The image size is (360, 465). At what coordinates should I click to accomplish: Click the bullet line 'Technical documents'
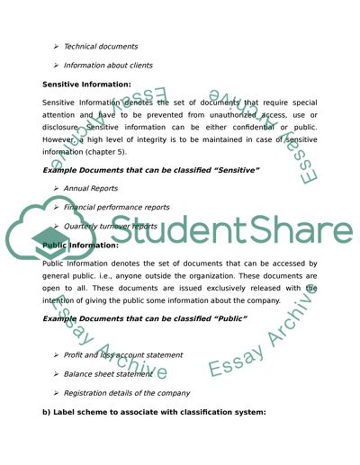(101, 46)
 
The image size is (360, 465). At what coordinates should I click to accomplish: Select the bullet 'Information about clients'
(109, 65)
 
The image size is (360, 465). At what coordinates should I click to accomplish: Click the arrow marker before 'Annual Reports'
(57, 188)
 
